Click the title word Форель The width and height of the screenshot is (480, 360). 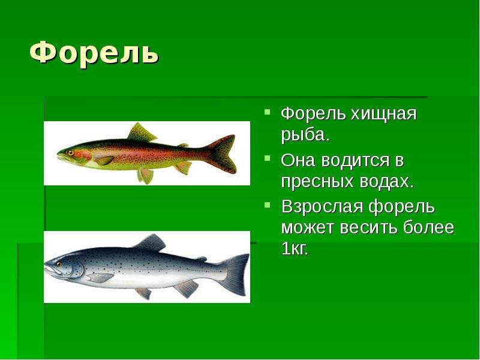click(x=94, y=53)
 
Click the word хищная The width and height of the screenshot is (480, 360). click(x=383, y=114)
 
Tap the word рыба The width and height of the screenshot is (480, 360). click(x=305, y=135)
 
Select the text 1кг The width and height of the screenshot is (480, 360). click(x=295, y=249)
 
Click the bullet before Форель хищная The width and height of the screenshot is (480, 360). click(x=268, y=112)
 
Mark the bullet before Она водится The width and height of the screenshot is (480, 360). click(x=268, y=158)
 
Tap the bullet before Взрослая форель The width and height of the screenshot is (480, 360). click(x=268, y=204)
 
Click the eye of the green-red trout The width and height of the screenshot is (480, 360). click(x=70, y=152)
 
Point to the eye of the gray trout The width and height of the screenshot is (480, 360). click(x=59, y=264)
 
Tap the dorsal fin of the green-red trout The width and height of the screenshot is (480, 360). click(x=141, y=132)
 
